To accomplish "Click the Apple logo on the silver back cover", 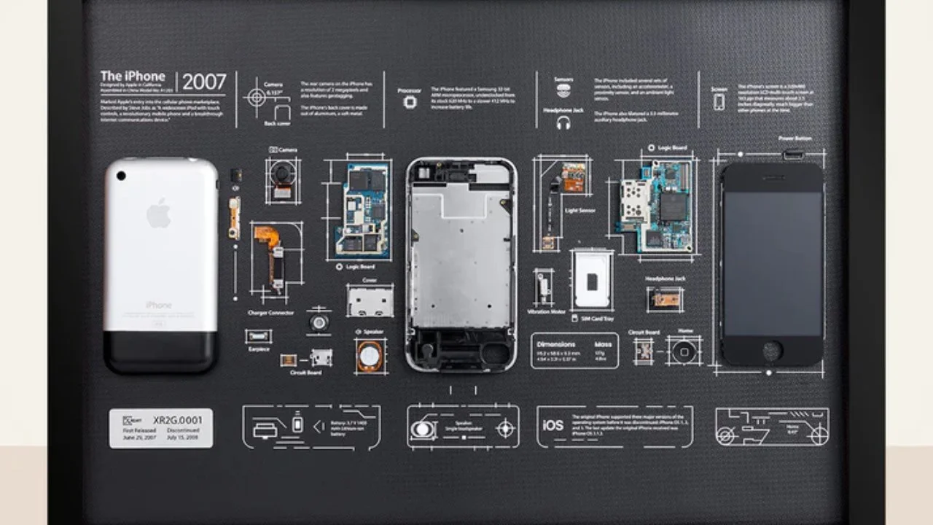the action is [x=158, y=214].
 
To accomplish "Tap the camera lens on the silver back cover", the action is [x=120, y=175].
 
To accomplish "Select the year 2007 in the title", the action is [x=204, y=82].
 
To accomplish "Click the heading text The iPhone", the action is [x=133, y=76].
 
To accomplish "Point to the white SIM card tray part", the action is [x=591, y=280].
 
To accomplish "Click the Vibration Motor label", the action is [x=547, y=311].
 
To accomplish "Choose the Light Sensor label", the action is [x=580, y=211].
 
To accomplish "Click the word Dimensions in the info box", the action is [x=556, y=344].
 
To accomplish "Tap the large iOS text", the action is [x=553, y=425].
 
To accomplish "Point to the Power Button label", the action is [x=795, y=139].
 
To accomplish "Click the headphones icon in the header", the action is [x=563, y=124].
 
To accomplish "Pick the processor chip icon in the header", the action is [x=410, y=103].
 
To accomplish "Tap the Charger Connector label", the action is [x=270, y=313].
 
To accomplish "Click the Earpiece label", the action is [x=259, y=349].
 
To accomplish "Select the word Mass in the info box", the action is [x=604, y=344].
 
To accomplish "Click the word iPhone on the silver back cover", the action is [x=158, y=305].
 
